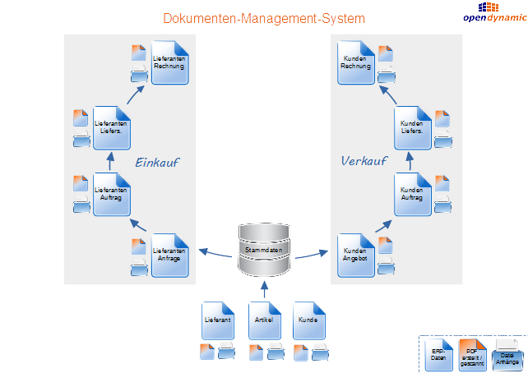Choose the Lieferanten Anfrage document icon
169,255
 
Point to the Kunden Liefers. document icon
412,127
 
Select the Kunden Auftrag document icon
412,194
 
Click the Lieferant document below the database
219,321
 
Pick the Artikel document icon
264,321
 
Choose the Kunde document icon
308,321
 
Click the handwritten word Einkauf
156,163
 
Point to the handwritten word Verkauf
364,161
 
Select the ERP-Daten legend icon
438,355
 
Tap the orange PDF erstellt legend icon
473,354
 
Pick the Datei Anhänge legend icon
507,355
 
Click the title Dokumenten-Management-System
264,18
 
